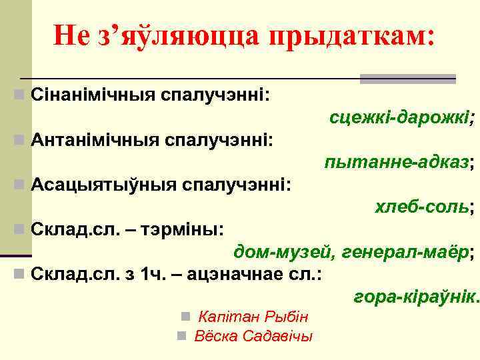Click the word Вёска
click(x=211, y=335)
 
